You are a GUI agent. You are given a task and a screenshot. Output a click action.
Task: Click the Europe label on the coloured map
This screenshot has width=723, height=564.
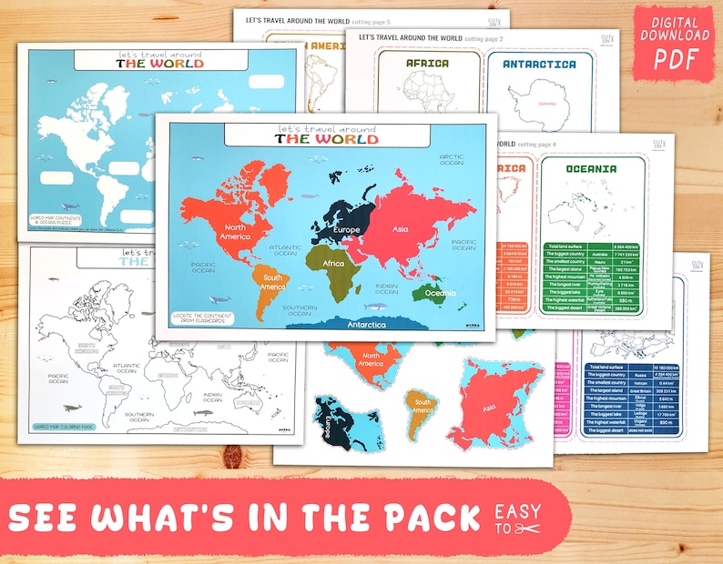coord(345,229)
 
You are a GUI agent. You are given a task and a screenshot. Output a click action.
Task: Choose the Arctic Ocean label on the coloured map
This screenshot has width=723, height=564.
coord(452,161)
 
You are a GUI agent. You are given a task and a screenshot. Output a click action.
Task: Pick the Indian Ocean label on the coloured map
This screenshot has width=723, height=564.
coord(386,289)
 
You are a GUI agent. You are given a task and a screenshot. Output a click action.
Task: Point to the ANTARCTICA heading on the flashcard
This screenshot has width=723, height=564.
coord(540,65)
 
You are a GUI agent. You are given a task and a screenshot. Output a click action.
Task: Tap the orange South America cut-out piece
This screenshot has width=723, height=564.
coord(421,415)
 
